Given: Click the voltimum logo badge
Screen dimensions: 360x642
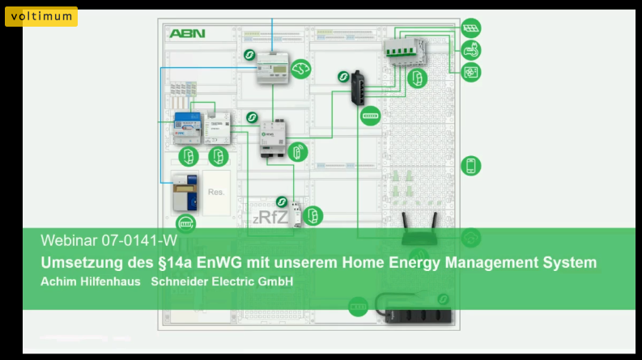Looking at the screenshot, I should point(41,16).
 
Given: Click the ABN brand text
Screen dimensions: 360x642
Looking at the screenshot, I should point(187,34).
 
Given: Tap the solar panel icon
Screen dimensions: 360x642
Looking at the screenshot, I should point(470,29).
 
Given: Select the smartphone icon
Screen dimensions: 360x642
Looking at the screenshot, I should point(470,166).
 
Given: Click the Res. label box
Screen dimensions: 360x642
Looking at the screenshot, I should point(216,193).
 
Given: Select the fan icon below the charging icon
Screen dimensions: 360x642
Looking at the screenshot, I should point(470,72).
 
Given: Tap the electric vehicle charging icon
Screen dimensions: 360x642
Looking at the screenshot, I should point(470,51).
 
